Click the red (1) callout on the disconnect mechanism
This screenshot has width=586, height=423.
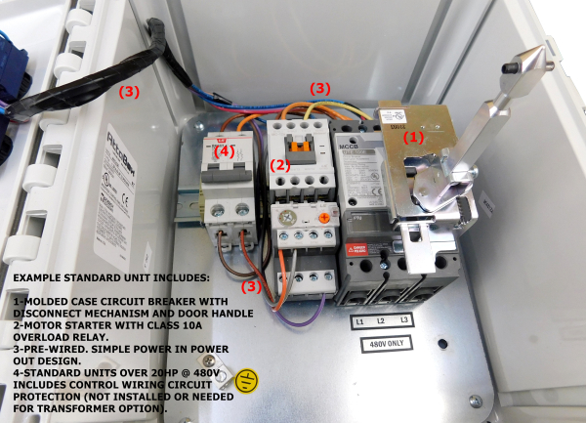(414, 138)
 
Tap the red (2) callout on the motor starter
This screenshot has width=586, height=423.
(280, 164)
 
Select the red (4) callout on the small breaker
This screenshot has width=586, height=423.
(224, 151)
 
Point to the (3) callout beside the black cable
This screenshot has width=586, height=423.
(129, 92)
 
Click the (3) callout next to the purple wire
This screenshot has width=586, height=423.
(252, 286)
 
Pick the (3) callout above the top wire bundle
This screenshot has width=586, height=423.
(320, 88)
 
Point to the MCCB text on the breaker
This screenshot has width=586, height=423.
(349, 148)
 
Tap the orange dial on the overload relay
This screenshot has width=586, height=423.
(323, 214)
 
